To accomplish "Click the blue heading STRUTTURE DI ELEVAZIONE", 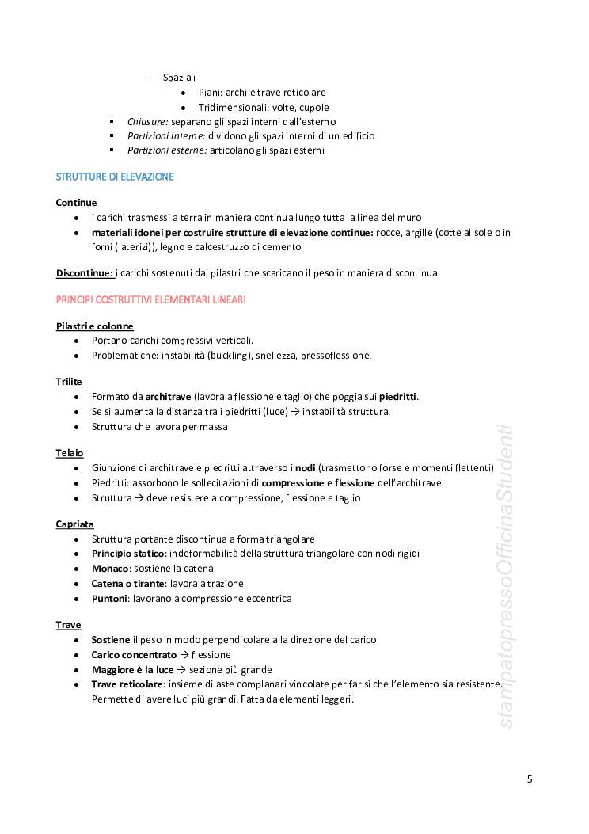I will click(115, 177).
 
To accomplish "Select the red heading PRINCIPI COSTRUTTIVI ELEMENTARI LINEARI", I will click(150, 299).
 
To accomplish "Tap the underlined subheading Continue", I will click(76, 203).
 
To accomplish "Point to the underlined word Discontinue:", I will click(85, 273).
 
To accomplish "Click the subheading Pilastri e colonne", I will click(94, 326).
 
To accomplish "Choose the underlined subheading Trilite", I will click(69, 382).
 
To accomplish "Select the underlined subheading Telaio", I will click(70, 453).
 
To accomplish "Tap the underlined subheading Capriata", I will click(74, 524).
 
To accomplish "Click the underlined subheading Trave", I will click(68, 625).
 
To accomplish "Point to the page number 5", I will click(530, 779).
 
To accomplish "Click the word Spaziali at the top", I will click(179, 78).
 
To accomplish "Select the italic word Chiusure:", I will click(148, 121).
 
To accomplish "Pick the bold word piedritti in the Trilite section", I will click(398, 396).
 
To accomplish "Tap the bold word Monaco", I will click(109, 569).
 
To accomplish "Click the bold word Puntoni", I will click(109, 598).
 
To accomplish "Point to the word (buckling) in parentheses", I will click(226, 356).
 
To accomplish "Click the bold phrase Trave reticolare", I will click(127, 684).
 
